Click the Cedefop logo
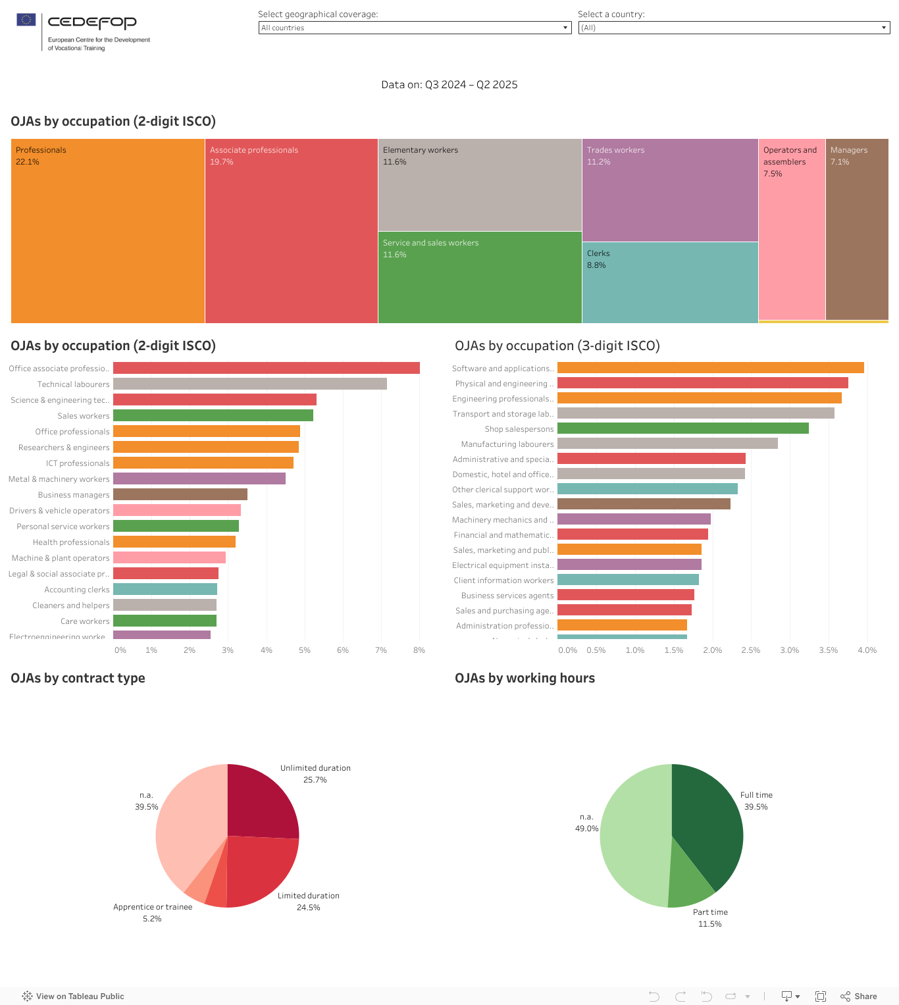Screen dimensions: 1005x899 coord(83,31)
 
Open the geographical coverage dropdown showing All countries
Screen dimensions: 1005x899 coord(415,28)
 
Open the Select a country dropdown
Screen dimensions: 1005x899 coord(734,28)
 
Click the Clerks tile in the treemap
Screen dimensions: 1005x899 coord(670,283)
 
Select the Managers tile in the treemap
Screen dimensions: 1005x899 coord(857,230)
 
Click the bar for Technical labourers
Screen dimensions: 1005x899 coord(250,384)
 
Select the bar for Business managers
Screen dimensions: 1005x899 coord(180,494)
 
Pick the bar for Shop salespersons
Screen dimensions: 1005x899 coord(683,428)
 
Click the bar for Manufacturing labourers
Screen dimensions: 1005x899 coord(667,444)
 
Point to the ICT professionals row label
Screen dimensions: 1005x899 coord(78,463)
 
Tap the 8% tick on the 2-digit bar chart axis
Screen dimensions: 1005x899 coord(419,650)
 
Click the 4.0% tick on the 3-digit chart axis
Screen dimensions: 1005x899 coord(867,650)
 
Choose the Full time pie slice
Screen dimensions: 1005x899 coord(707,823)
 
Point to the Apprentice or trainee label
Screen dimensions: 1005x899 coord(153,907)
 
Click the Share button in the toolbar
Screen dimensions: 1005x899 coord(859,996)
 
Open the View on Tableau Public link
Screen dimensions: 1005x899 coord(73,996)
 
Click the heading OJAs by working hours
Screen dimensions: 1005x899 coord(525,679)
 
